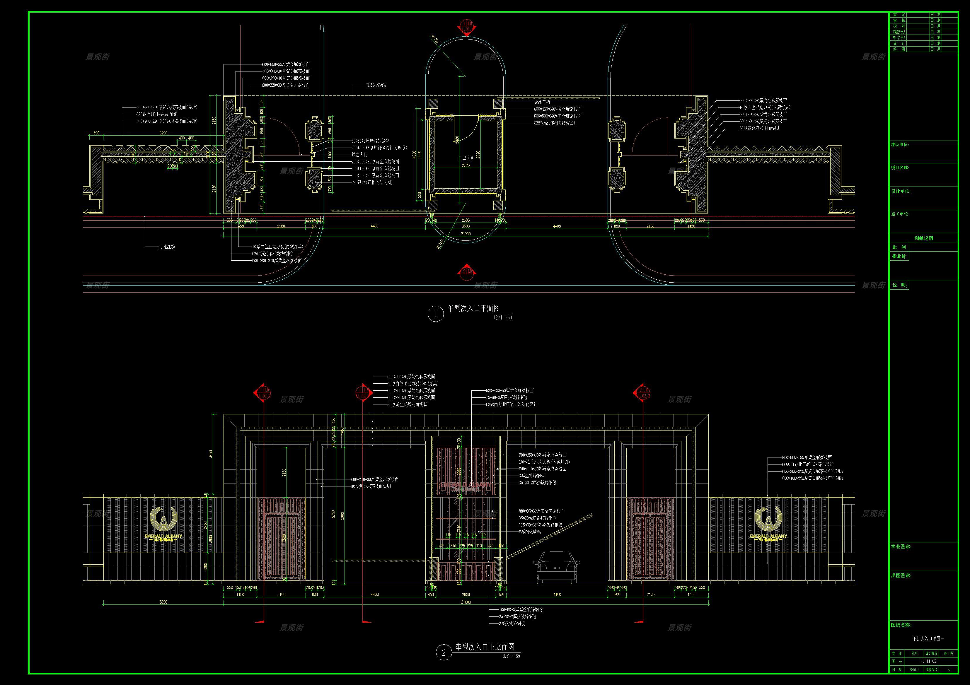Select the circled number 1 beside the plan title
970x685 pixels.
coord(436,314)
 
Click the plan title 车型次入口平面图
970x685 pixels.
coord(473,309)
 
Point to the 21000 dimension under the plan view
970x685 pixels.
coord(466,233)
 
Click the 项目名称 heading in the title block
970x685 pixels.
coord(900,168)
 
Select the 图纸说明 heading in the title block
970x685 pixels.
coord(923,238)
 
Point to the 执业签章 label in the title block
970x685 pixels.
coord(901,546)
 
